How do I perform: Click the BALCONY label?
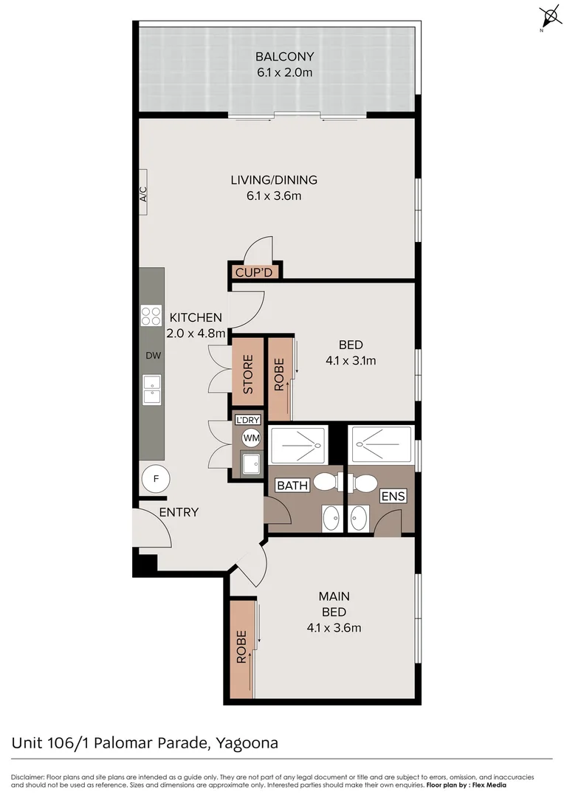tap(285, 57)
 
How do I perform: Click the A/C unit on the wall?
tap(143, 195)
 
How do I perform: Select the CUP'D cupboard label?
tap(254, 272)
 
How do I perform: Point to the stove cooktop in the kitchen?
tap(151, 316)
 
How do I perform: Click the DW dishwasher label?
tap(153, 356)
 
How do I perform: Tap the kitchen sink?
tap(152, 389)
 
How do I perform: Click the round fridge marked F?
tap(156, 479)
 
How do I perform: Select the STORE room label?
tap(248, 374)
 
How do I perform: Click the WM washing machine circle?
tap(252, 438)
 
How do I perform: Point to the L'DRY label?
tap(247, 420)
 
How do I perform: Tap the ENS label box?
tap(393, 496)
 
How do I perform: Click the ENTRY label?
tap(179, 512)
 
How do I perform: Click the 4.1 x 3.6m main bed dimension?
tap(334, 628)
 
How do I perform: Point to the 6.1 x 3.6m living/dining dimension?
tap(274, 196)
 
